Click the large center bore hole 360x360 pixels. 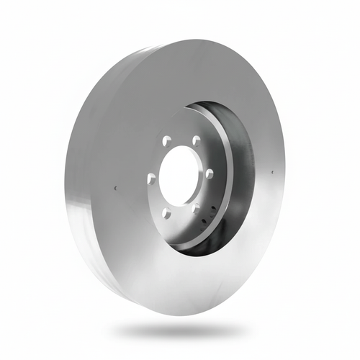pos(179,176)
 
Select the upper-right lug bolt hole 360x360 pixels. pos(196,140)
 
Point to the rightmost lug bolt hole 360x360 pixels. pos(209,174)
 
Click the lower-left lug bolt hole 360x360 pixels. pos(166,213)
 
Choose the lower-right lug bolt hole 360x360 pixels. pos(196,210)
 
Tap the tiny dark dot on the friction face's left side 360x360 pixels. pos(115,189)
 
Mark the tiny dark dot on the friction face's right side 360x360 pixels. pos(273,172)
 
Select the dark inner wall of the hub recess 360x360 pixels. pos(241,173)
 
